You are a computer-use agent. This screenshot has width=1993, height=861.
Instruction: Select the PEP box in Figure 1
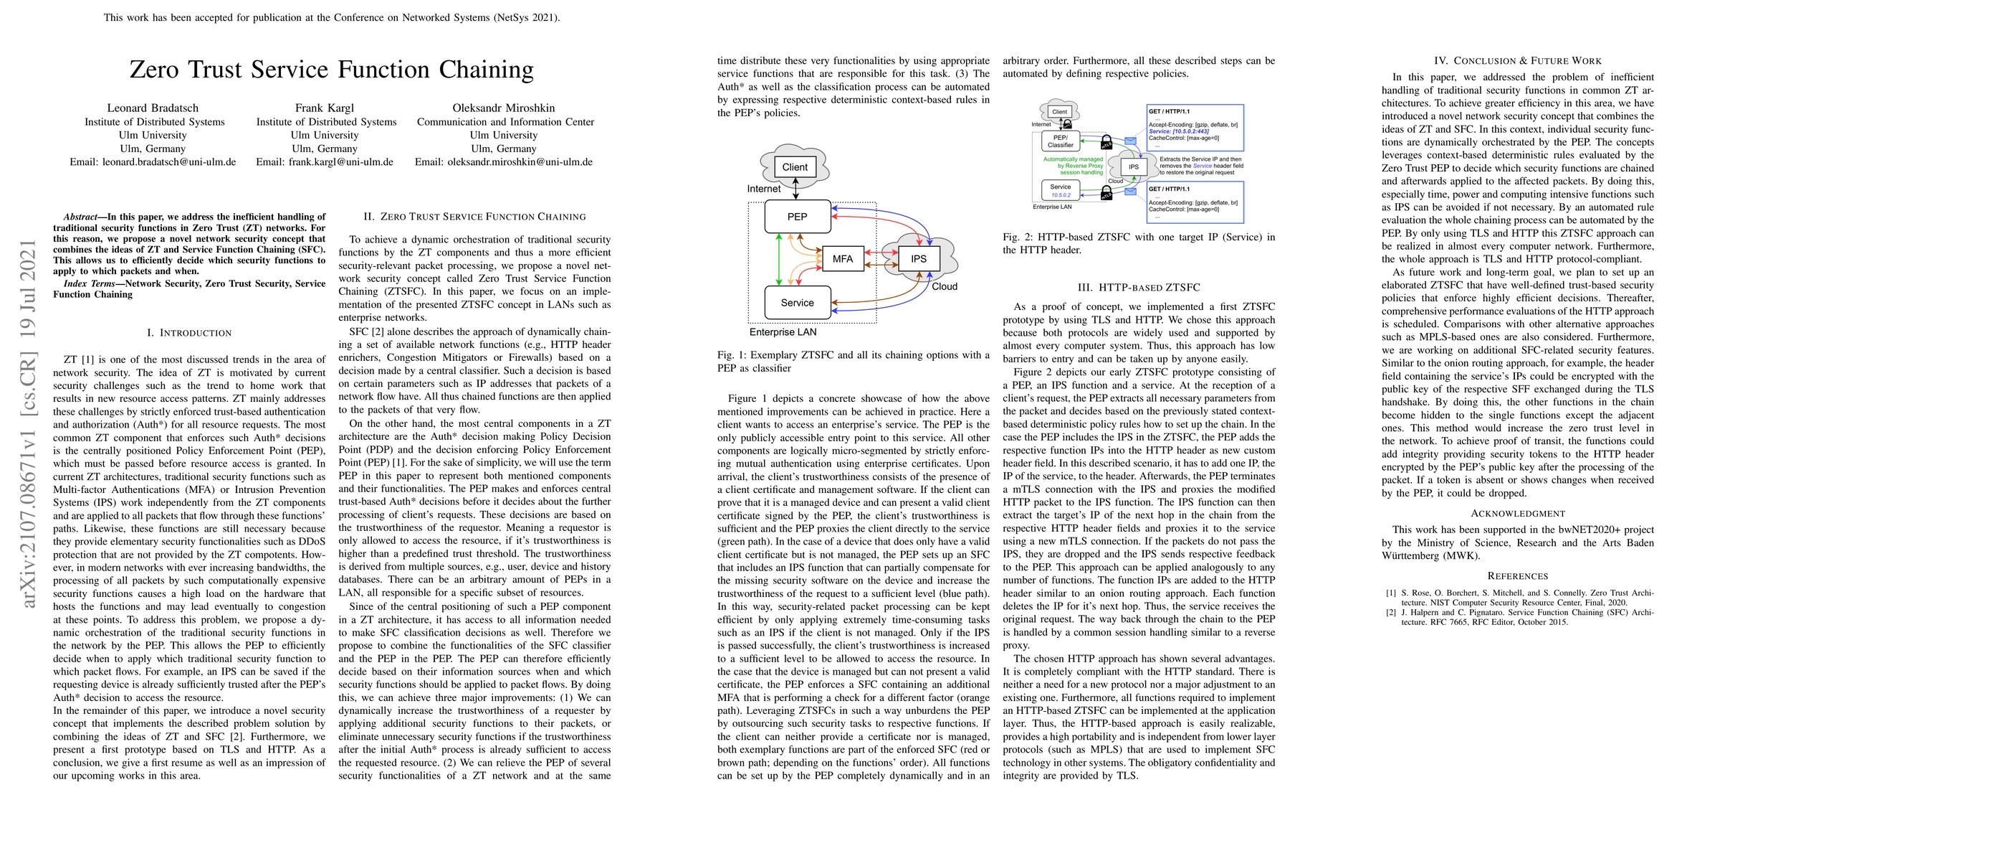pos(797,217)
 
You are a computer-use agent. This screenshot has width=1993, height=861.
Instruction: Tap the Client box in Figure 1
pos(795,166)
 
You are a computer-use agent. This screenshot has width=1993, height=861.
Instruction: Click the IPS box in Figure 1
pos(918,258)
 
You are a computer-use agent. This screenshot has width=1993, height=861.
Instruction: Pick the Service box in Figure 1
pos(797,303)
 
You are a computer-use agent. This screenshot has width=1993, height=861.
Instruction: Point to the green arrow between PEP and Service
pos(779,260)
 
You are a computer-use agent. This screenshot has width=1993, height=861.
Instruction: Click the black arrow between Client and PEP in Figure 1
pos(795,189)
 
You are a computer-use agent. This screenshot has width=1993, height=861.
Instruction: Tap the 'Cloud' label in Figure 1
pos(944,286)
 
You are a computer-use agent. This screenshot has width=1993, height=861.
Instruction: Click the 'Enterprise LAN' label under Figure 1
pos(782,332)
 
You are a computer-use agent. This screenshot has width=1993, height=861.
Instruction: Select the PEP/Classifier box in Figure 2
pos(1060,141)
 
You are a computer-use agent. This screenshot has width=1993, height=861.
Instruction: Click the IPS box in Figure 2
pos(1134,166)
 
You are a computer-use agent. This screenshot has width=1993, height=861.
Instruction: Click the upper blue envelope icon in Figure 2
pos(1130,141)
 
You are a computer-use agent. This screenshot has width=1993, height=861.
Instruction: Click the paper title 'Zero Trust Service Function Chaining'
pos(331,70)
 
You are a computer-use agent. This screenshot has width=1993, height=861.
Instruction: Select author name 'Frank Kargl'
pos(324,108)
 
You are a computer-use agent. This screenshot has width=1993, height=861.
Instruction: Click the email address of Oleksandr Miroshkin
pos(504,162)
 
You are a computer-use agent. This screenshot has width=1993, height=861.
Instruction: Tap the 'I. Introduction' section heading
pos(189,333)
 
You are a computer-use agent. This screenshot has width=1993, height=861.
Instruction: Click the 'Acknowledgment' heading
pos(1517,513)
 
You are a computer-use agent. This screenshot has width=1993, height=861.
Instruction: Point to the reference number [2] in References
pos(1390,613)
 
